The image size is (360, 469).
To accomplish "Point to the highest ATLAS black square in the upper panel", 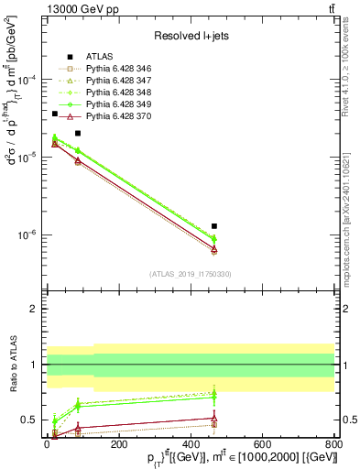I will (x=55, y=114).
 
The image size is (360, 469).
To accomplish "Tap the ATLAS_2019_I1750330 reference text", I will (x=190, y=274).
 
